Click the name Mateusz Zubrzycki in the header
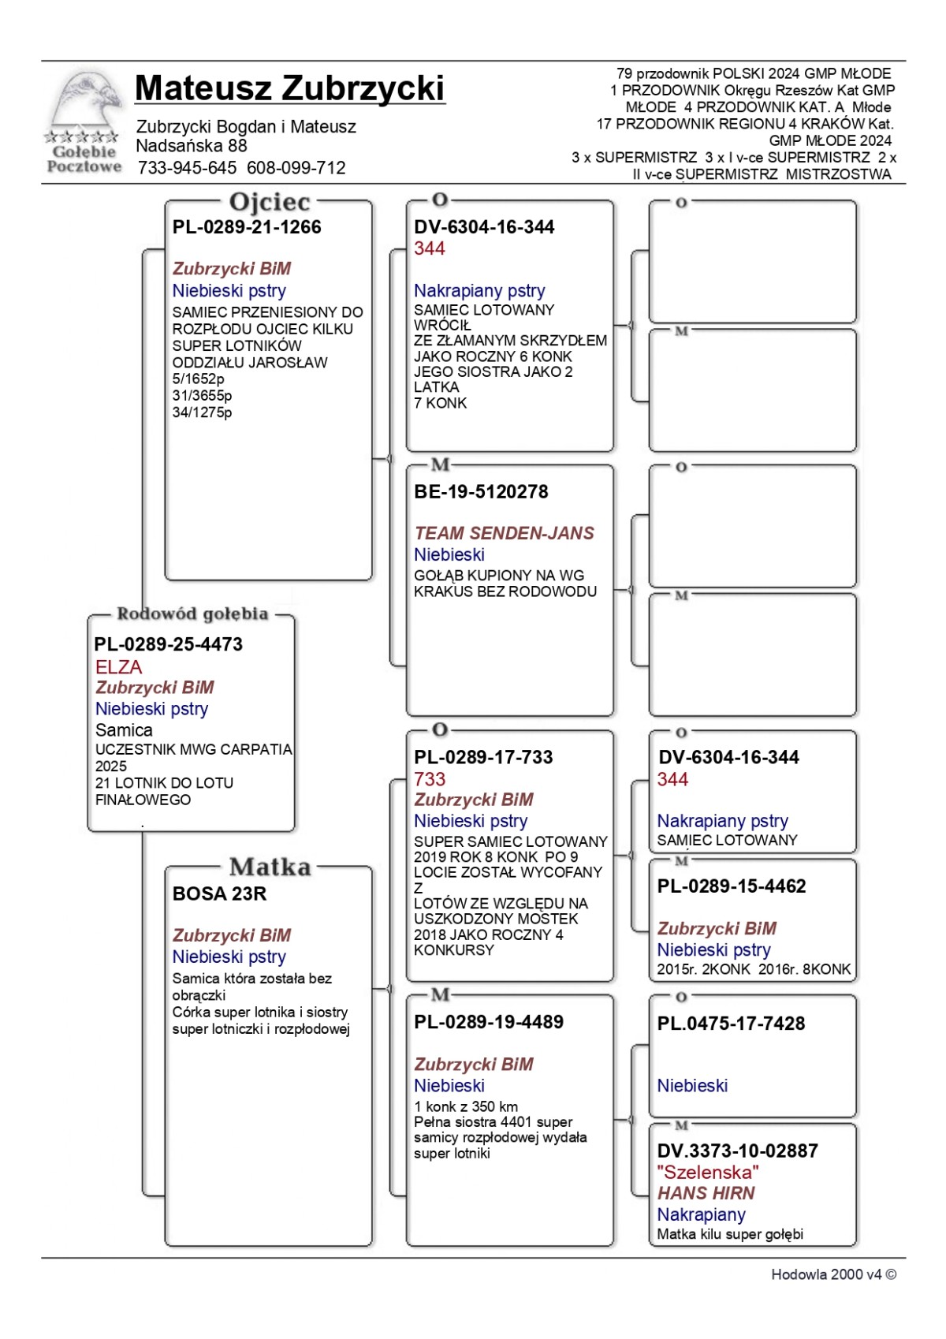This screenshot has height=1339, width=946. [289, 88]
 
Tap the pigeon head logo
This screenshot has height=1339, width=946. [85, 102]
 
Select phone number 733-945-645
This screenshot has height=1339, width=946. [187, 168]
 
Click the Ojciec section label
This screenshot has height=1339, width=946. [270, 202]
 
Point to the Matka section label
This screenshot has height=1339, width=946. [270, 867]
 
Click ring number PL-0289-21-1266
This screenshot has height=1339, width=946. [247, 227]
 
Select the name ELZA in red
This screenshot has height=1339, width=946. [118, 667]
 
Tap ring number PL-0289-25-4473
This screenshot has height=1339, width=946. [168, 644]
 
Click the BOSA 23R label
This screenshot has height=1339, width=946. [219, 893]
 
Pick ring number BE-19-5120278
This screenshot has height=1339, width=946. [481, 492]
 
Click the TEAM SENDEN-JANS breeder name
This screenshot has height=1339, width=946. [504, 533]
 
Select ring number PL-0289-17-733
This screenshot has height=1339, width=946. [483, 757]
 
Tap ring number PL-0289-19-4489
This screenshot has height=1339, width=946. [489, 1022]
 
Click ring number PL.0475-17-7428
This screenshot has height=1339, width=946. [731, 1024]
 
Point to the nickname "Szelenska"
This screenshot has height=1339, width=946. [707, 1173]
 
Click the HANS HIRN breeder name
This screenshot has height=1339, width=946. [706, 1193]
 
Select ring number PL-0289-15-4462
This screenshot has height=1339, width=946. [731, 886]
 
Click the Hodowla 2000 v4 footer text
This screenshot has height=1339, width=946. [833, 1274]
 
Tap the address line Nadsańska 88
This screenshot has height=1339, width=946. [192, 146]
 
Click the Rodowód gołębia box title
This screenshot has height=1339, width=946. [192, 614]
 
